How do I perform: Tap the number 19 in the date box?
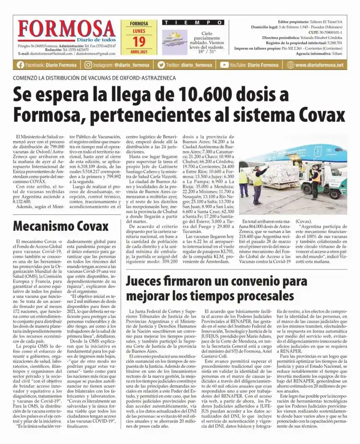[138, 42]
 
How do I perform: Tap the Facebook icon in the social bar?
[20, 65]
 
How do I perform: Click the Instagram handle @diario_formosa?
[131, 65]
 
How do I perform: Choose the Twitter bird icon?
[161, 65]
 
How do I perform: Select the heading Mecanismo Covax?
[61, 225]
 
